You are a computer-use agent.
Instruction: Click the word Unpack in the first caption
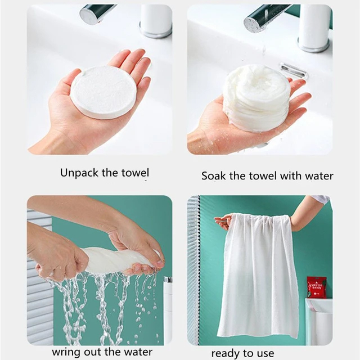coord(79,173)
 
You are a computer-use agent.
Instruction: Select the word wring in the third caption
coord(65,352)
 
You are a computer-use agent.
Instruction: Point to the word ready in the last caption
coord(225,353)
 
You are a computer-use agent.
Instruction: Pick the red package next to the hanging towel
coord(317,287)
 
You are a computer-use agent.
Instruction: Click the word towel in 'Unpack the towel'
coord(135,173)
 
